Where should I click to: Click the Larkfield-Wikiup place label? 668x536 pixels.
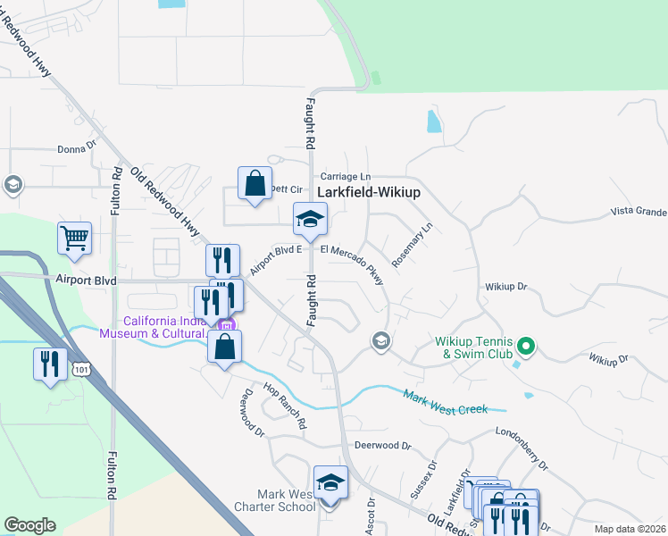[x=369, y=192]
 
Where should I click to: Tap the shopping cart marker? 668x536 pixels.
[x=75, y=239]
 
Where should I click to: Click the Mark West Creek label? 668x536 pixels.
[x=445, y=402]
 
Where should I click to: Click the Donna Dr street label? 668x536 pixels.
[x=76, y=150]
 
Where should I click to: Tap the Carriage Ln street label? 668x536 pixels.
[x=345, y=178]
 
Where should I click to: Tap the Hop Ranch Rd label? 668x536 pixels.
[x=285, y=406]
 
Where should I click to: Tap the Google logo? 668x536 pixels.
[x=29, y=525]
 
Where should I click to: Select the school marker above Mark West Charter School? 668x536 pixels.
[x=330, y=482]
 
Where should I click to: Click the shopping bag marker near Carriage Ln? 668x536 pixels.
[x=255, y=183]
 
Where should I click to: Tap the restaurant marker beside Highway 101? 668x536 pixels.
[x=50, y=364]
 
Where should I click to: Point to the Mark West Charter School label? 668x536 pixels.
[x=286, y=500]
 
